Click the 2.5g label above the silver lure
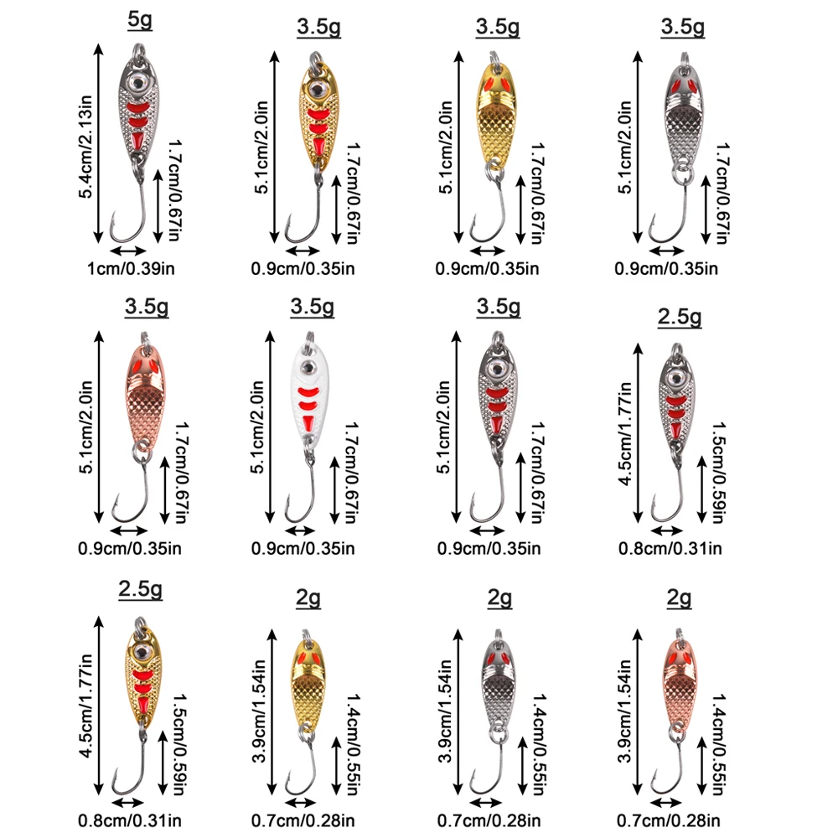click(680, 318)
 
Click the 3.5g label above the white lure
click(313, 307)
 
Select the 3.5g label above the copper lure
click(147, 307)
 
